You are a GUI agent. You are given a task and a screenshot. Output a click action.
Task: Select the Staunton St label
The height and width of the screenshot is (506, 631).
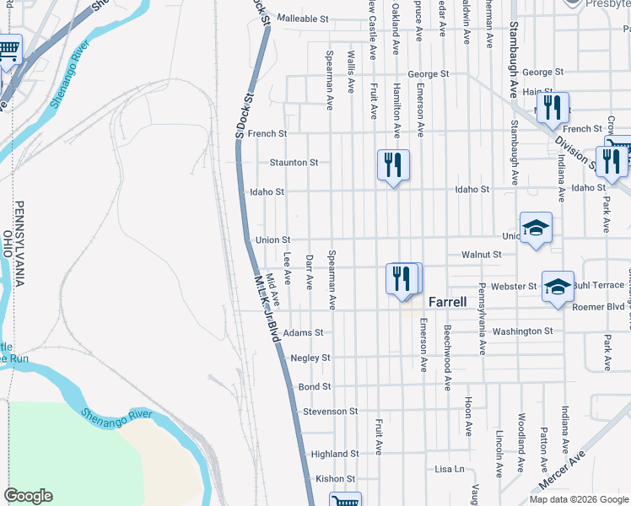[x=294, y=162]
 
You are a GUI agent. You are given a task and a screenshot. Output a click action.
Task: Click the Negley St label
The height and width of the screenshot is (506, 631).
[x=310, y=358]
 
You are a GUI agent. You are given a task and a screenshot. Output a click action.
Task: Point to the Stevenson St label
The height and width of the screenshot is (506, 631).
[x=331, y=412]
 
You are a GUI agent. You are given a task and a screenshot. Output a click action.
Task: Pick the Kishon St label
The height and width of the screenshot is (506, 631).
[x=335, y=479]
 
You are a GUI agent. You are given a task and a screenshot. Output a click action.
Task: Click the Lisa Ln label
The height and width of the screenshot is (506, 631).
[x=450, y=469]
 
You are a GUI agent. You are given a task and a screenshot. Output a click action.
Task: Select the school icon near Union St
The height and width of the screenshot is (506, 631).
[x=536, y=227]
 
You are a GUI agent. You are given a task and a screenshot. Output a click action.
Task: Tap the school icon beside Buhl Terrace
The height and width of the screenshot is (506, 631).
[x=558, y=286]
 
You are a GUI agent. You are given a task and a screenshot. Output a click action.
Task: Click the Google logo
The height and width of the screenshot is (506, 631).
[x=28, y=496]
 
